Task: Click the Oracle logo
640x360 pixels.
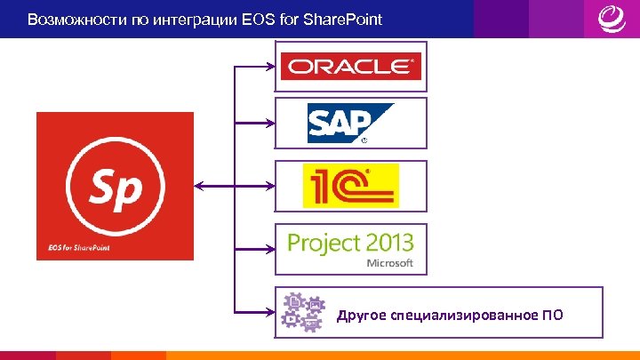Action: tap(350, 67)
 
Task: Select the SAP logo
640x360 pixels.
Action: tap(350, 123)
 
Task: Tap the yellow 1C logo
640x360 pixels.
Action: tap(350, 186)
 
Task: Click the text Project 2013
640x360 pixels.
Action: tap(350, 242)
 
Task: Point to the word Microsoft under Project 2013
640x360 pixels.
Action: tap(390, 263)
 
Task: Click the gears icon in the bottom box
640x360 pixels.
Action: tap(300, 312)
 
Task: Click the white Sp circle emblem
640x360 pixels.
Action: tap(115, 185)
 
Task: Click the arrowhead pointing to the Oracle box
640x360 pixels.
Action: tap(268, 66)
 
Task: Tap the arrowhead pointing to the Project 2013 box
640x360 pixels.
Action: tap(268, 248)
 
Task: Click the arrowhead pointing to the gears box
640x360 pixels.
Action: tap(268, 311)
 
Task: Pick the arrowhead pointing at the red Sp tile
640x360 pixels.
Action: tap(198, 186)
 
